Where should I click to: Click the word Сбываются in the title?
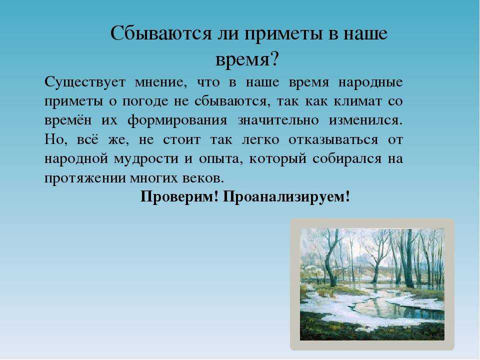[x=161, y=33]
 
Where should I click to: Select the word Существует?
[x=85, y=82]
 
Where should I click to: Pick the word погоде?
[x=145, y=102]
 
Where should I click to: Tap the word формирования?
[x=177, y=121]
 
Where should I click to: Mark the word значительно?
[x=278, y=120]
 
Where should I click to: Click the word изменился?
[x=366, y=120]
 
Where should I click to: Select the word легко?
[x=260, y=140]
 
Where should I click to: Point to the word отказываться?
[x=333, y=140]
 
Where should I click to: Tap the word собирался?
[x=347, y=159]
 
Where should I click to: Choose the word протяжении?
[x=85, y=178]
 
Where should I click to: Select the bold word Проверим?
[x=179, y=197]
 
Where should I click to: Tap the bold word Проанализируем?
[x=286, y=197]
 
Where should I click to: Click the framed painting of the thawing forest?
[x=372, y=284]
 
